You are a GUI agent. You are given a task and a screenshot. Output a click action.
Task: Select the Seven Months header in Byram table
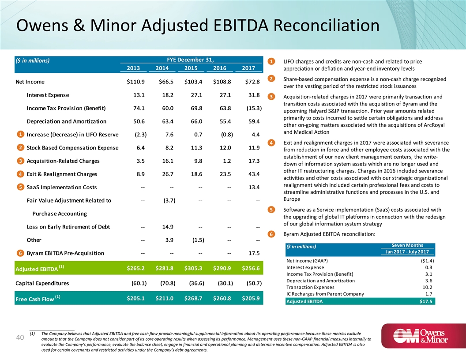coord(407,245)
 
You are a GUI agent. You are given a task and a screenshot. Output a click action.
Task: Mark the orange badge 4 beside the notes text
coord(272,142)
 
